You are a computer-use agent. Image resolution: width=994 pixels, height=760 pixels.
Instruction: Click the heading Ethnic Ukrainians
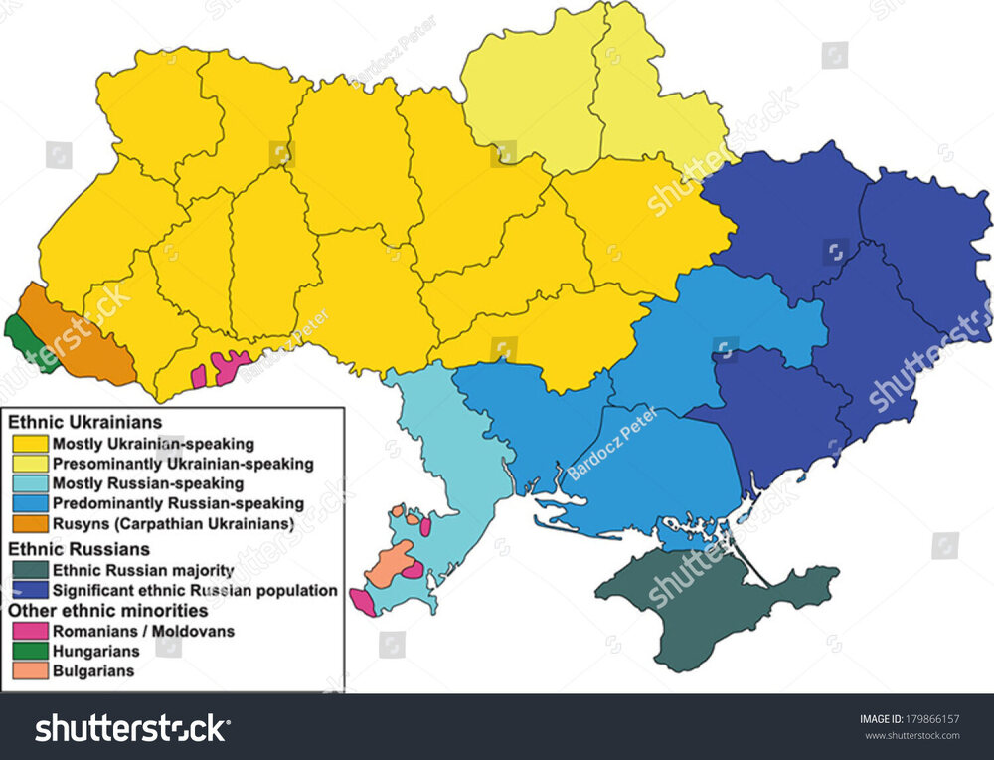pos(85,423)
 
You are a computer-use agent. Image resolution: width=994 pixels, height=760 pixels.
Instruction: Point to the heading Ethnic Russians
pos(80,548)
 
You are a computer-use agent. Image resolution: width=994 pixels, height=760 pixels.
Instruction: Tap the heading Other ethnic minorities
pos(107,610)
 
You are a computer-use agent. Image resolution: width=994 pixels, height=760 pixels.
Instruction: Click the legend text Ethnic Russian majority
pos(143,571)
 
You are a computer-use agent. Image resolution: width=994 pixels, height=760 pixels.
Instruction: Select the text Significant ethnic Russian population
pos(195,591)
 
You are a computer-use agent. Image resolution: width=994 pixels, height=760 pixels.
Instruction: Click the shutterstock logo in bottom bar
pos(131,729)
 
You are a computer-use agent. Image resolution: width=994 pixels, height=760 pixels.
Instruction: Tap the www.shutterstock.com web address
pos(910,737)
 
